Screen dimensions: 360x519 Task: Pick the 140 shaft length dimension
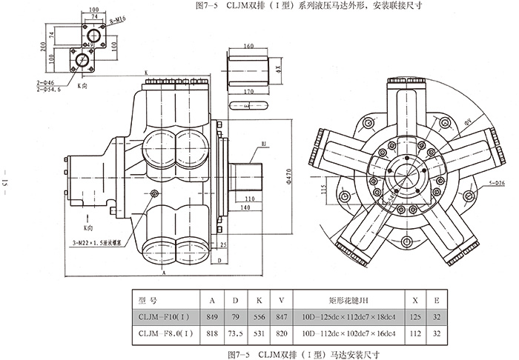click(243, 209)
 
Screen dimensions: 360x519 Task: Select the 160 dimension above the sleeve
click(248, 46)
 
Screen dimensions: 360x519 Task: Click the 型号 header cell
click(148, 300)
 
